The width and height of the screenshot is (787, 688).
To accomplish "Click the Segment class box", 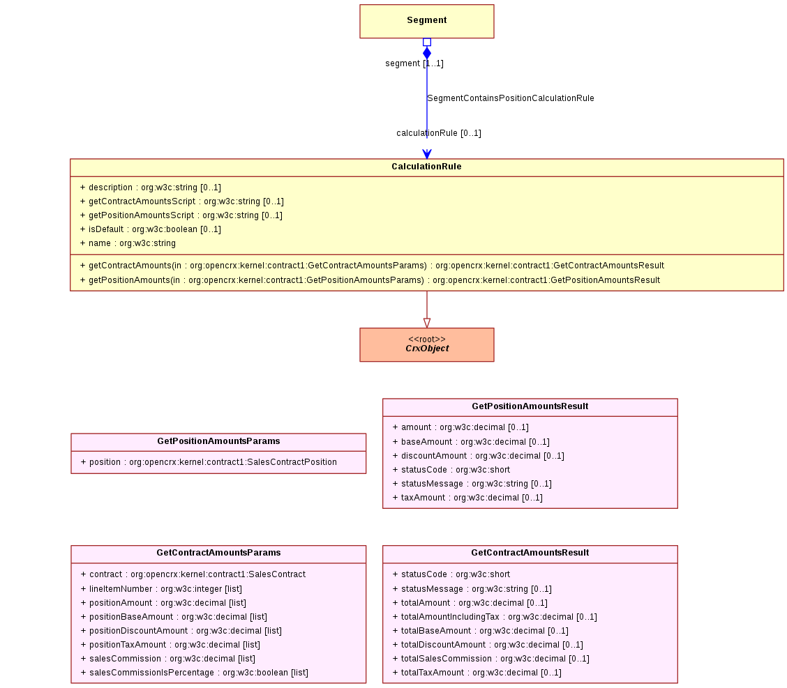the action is click(x=426, y=21).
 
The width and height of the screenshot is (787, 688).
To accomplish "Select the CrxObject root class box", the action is click(x=426, y=344).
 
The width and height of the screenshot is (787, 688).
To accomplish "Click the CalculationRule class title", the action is click(x=426, y=167).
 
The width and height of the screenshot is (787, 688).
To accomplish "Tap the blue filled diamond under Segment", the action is click(x=426, y=53).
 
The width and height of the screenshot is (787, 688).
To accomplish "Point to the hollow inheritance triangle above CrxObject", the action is click(x=426, y=323).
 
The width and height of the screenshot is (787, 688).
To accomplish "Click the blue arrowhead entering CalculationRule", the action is click(x=426, y=154).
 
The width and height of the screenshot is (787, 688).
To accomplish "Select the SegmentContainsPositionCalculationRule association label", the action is click(x=511, y=98).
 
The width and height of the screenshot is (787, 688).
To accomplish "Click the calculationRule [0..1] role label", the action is click(x=439, y=133).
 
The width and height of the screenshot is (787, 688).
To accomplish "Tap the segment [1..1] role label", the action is click(x=414, y=63).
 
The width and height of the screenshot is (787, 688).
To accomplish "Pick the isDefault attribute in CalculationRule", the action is click(x=151, y=229).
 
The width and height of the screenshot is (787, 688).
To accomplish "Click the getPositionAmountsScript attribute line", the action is click(x=181, y=215).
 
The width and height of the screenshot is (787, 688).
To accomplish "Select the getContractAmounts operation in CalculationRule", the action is click(x=372, y=266).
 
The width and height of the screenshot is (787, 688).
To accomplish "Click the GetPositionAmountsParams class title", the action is click(x=218, y=441).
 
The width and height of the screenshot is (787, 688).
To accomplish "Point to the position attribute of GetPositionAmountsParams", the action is click(x=209, y=462).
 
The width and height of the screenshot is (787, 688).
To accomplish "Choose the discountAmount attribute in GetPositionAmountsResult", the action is click(x=479, y=456).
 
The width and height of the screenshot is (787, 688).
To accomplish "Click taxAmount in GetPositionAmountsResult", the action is click(x=467, y=498).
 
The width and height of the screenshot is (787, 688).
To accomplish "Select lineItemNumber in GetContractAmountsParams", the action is click(x=161, y=589).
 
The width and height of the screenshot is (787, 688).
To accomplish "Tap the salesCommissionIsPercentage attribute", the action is click(x=194, y=673).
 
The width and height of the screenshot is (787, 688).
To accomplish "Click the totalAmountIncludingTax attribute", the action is click(x=495, y=617).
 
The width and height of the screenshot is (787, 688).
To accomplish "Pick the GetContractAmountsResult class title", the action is click(x=530, y=553).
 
